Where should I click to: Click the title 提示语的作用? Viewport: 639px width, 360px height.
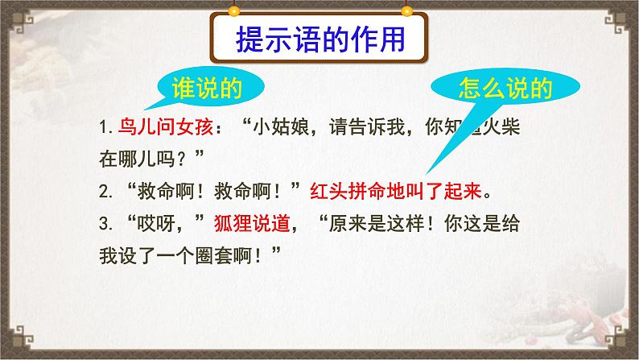320,39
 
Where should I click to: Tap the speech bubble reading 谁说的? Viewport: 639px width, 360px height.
207,87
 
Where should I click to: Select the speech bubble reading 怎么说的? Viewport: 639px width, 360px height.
505,88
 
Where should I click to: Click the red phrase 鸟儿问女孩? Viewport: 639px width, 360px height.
166,127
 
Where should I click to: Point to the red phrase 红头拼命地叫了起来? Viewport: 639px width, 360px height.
396,191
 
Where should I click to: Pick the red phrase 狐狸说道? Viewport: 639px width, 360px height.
252,223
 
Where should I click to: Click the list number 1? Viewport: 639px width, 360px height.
105,127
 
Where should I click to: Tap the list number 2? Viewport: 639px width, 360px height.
105,191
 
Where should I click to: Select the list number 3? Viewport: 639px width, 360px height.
105,224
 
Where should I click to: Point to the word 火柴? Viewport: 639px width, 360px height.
501,127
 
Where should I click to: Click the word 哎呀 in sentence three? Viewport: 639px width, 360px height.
156,223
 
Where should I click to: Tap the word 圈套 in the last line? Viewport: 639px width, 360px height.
214,256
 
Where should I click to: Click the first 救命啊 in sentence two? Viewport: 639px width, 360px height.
165,191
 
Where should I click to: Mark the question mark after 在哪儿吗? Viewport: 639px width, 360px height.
182,159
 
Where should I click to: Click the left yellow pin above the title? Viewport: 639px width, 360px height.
233,11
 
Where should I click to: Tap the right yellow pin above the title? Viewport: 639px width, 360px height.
406,11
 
